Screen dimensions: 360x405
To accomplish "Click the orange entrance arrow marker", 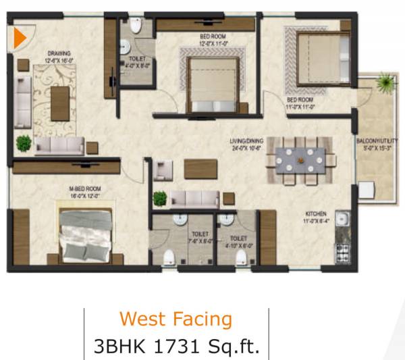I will [20, 38].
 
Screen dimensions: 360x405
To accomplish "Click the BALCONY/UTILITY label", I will [375, 141].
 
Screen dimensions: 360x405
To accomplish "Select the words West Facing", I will [175, 319].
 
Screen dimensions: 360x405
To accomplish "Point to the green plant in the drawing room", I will [24, 143].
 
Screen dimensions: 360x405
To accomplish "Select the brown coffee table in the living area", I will [200, 168].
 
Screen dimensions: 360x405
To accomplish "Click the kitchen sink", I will [343, 220].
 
